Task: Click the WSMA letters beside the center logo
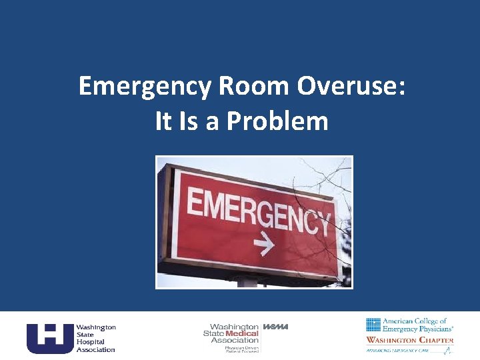coord(276,326)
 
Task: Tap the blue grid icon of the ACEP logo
coord(373,325)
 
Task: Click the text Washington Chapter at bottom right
coord(409,340)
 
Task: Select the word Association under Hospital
coord(95,349)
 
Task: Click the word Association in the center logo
coord(235,340)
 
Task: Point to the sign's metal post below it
coord(247,283)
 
